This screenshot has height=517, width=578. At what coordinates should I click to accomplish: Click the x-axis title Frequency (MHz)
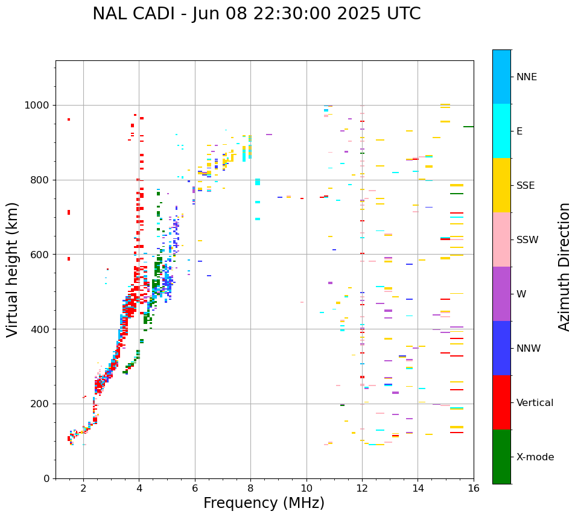coord(264,503)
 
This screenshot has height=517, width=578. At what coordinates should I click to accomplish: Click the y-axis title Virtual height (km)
coord(13,269)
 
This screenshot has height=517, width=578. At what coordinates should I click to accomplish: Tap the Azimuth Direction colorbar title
coord(564,266)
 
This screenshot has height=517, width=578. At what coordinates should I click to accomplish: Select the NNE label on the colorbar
coord(526,77)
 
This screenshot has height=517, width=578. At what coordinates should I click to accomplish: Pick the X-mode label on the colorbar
coord(535,457)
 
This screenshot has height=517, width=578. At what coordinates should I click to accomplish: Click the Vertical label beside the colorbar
coord(535,403)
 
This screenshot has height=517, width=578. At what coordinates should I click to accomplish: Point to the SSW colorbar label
coord(527,240)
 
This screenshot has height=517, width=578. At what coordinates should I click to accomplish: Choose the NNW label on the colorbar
coord(529,349)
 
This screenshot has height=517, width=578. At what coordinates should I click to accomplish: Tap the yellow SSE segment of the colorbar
coord(501,185)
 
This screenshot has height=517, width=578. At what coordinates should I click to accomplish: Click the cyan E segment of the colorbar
coord(501,131)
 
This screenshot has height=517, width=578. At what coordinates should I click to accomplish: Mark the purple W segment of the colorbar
coord(501,294)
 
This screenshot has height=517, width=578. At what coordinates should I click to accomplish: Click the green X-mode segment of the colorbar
coord(501,457)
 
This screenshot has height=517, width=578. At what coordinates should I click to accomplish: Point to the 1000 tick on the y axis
coord(37,105)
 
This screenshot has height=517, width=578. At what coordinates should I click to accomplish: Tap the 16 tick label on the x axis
coord(474,488)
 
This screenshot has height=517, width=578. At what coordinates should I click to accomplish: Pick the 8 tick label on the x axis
coord(250,488)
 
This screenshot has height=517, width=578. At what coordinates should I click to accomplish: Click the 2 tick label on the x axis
coord(83,488)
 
